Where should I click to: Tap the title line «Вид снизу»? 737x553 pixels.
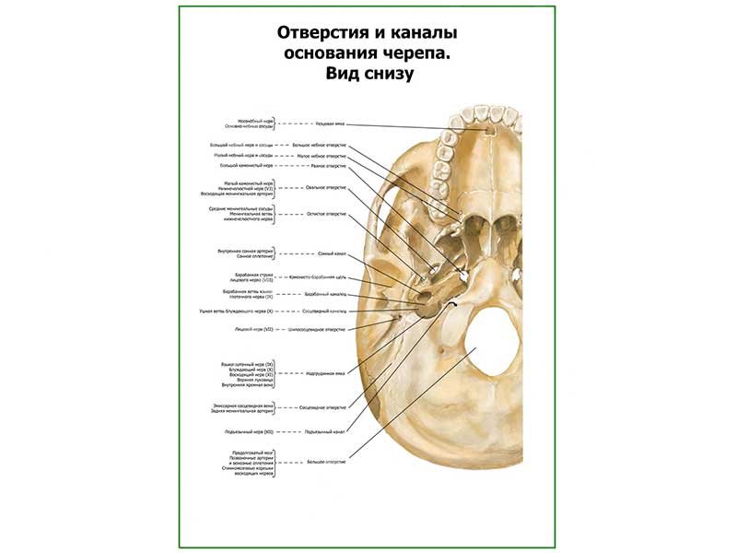coord(368,75)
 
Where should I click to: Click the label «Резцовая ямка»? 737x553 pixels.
coord(329,123)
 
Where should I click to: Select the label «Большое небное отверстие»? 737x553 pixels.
coord(320,146)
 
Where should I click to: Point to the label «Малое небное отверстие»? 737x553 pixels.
coord(322,156)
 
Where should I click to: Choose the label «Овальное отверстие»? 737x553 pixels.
coord(326,187)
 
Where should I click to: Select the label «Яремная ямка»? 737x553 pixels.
coord(325,373)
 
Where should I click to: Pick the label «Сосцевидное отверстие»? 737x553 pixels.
coord(323,406)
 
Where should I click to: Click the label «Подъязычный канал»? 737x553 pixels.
coord(325,430)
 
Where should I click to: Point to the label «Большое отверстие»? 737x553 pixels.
coord(326,460)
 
